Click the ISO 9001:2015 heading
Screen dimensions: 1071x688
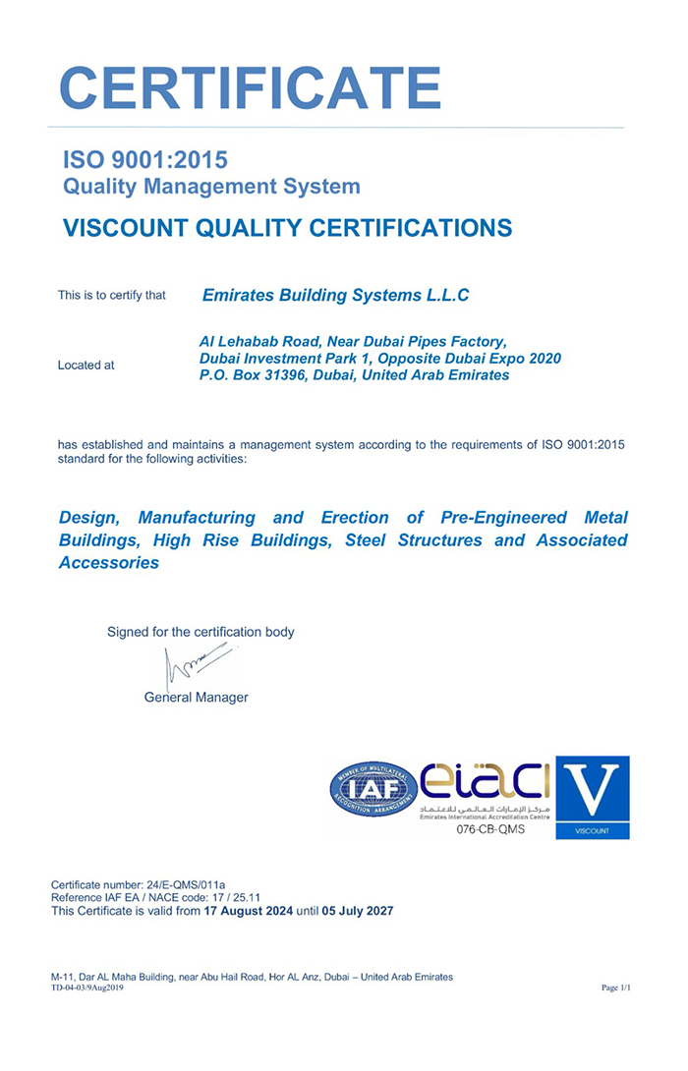145,159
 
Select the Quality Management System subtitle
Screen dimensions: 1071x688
211,186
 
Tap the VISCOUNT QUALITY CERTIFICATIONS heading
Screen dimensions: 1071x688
287,228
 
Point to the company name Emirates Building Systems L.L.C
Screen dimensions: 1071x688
335,295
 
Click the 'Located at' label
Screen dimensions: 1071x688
86,366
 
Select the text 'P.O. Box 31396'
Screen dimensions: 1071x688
251,375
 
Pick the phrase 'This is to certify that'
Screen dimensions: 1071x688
111,295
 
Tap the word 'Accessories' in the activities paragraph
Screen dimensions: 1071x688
108,563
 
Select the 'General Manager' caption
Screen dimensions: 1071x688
196,698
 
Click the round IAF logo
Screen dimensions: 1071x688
373,789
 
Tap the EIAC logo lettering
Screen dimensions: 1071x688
486,783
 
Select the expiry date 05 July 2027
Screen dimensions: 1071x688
358,911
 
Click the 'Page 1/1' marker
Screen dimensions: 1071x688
615,987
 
